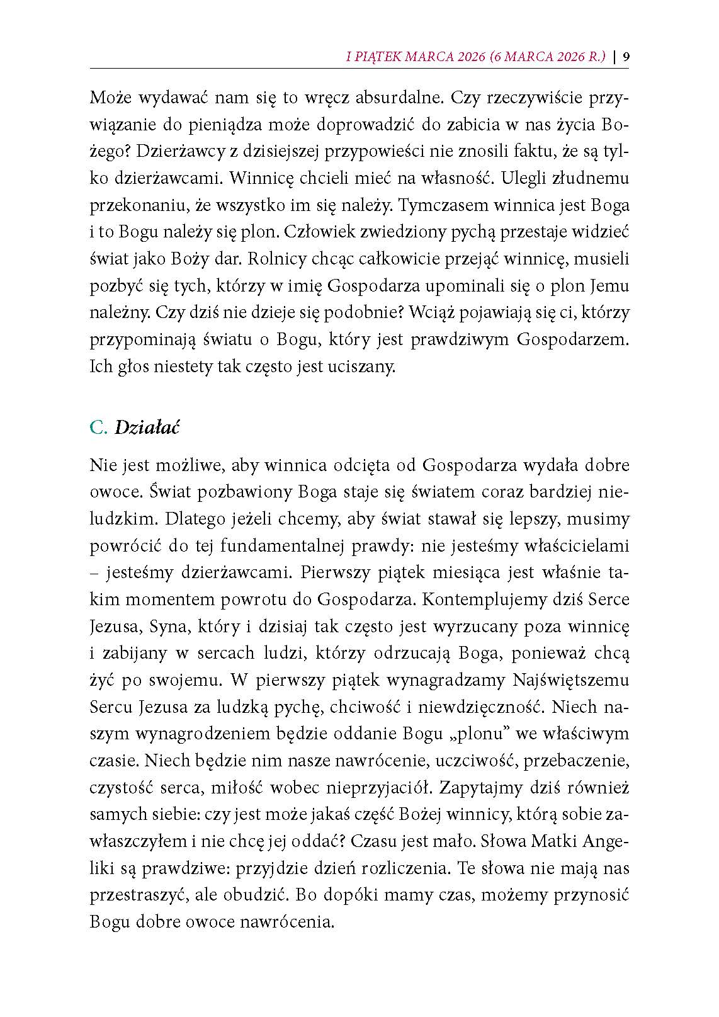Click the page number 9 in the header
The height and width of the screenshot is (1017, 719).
coord(626,57)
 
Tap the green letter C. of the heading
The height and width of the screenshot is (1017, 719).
coord(99,428)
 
